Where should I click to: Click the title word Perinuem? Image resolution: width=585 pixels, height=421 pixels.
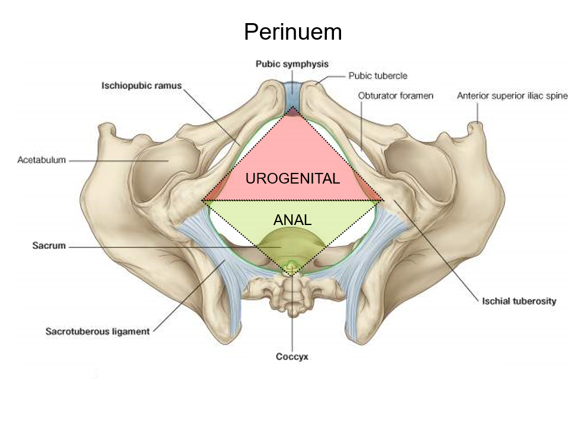(x=292, y=31)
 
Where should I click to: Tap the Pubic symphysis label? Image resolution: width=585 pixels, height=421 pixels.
(x=292, y=63)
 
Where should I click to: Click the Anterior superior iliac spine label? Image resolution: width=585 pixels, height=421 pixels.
(x=512, y=95)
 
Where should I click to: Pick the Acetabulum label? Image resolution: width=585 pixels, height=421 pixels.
(x=41, y=160)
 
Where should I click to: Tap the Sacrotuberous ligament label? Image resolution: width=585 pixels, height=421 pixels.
(x=97, y=332)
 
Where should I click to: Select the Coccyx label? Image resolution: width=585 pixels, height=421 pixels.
(x=292, y=356)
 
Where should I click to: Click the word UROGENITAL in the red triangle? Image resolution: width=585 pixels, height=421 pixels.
(x=292, y=178)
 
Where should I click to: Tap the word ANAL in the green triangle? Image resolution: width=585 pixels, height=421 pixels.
(x=292, y=220)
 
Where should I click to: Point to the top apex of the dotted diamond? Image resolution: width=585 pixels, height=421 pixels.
(x=293, y=108)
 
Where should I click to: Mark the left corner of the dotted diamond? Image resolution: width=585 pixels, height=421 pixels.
(x=202, y=201)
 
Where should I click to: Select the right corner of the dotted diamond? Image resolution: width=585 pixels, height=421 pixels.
(x=383, y=201)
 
